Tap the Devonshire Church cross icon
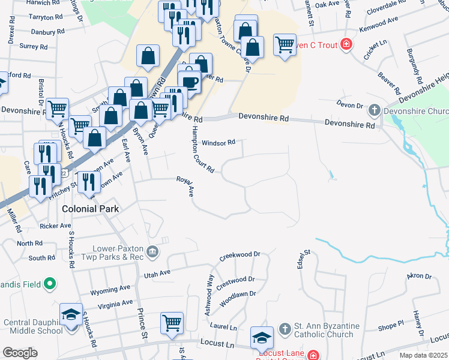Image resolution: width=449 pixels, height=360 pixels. point(375,110)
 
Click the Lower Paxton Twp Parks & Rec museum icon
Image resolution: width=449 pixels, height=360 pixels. point(152,251)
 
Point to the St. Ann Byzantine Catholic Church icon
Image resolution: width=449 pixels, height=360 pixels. point(285,328)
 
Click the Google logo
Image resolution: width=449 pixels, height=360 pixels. point(20,353)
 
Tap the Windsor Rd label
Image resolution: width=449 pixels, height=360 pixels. point(218,143)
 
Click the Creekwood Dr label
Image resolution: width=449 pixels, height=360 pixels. point(240,255)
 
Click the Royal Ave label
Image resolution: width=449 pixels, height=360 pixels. point(185,186)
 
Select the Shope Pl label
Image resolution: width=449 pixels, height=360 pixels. point(391,326)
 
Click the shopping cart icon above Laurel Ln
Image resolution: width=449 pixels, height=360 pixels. point(172,323)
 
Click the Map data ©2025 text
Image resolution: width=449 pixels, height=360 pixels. point(423,355)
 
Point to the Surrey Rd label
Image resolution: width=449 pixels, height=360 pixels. point(33,46)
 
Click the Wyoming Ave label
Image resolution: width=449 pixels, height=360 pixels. point(109,291)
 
